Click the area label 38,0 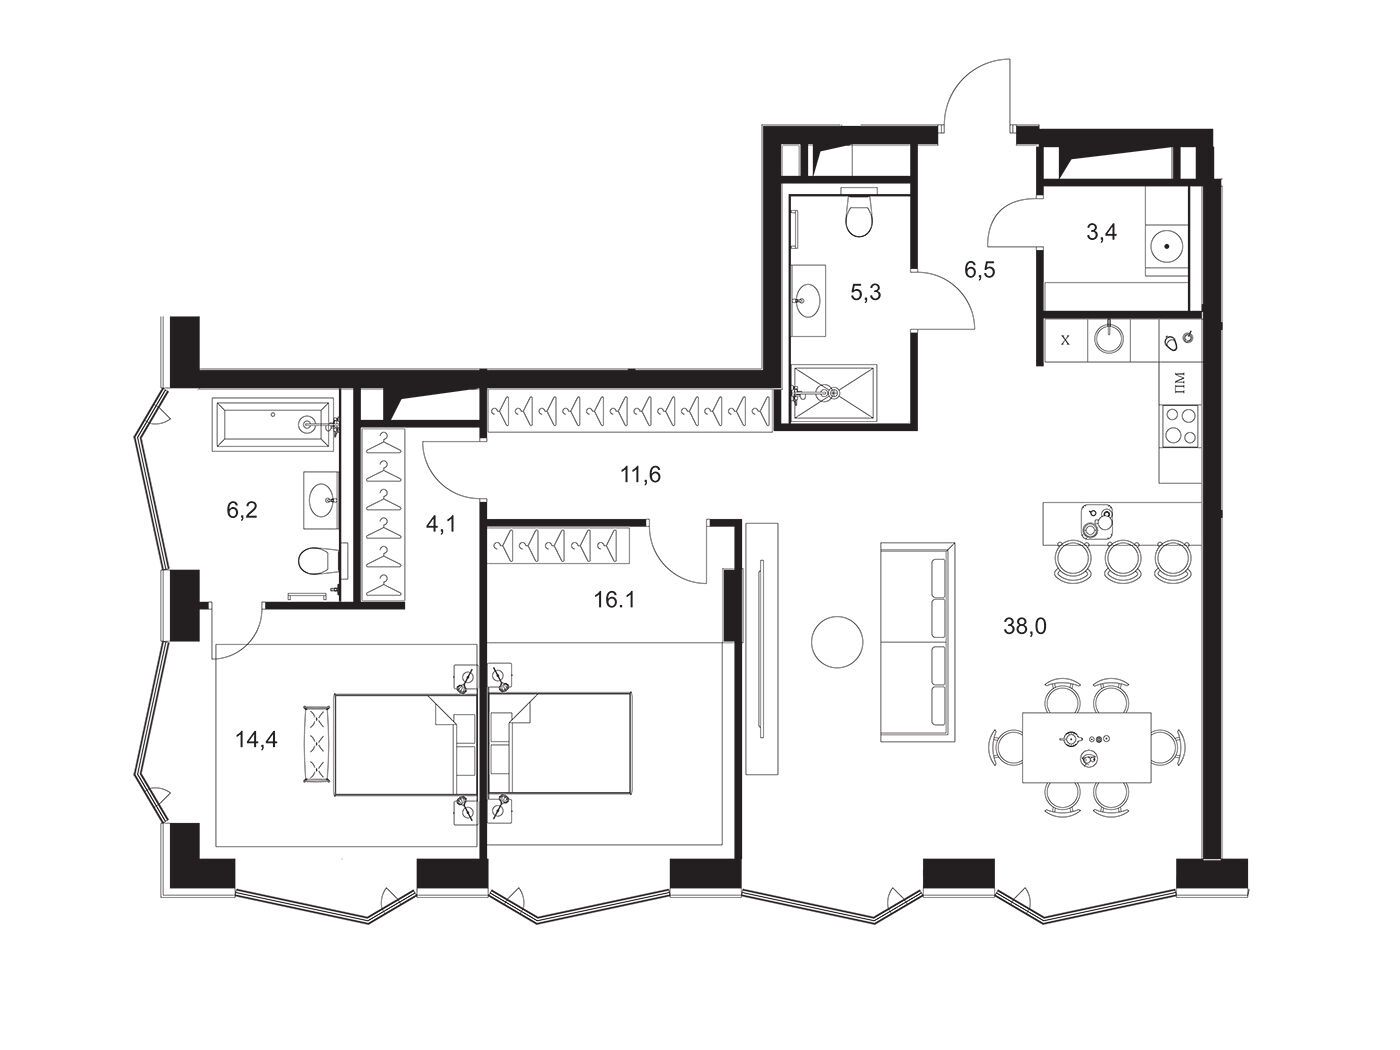coord(1024,627)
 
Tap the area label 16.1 coord(614,600)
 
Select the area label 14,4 coord(256,740)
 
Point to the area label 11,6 coord(640,474)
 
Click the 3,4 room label coord(1102,232)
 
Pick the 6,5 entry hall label coord(979,270)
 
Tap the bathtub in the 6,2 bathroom coord(273,424)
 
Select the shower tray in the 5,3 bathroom coord(833,393)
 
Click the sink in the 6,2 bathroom coord(321,500)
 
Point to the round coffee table coord(837,642)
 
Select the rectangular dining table coord(1086,747)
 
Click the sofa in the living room coord(917,642)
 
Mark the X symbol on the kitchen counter coord(1065,340)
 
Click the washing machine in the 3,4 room coord(1167,245)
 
